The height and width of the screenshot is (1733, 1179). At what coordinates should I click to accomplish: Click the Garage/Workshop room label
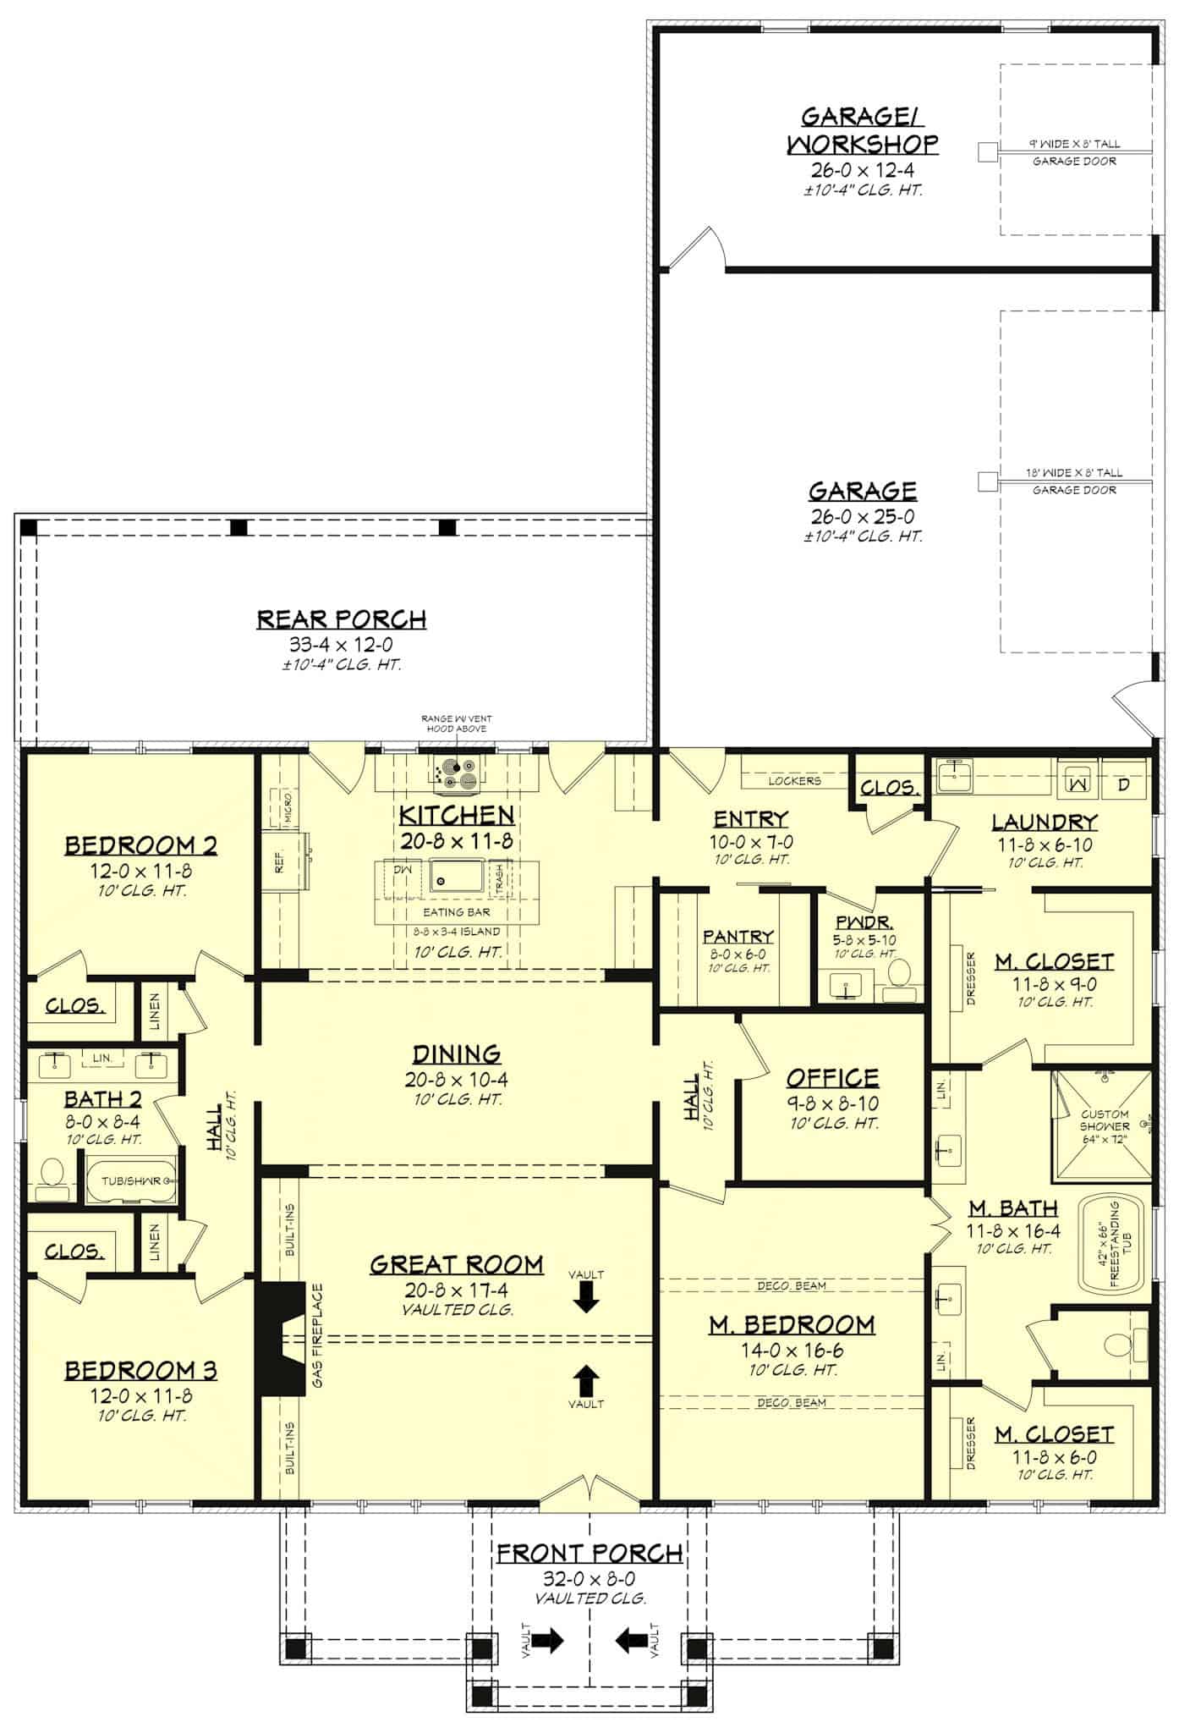pyautogui.click(x=862, y=130)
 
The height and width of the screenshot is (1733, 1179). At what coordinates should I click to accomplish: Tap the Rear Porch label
pyautogui.click(x=342, y=619)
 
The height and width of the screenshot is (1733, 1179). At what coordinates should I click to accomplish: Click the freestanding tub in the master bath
pyautogui.click(x=1110, y=1244)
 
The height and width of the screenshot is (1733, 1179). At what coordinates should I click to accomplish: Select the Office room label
pyautogui.click(x=832, y=1078)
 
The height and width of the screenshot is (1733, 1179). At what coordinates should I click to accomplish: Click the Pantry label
pyautogui.click(x=738, y=937)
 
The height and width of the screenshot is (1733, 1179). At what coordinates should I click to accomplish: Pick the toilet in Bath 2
pyautogui.click(x=53, y=1177)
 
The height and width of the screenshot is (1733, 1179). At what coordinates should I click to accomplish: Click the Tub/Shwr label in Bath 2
pyautogui.click(x=131, y=1180)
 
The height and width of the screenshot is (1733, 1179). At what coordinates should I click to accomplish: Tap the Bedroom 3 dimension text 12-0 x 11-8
pyautogui.click(x=141, y=1397)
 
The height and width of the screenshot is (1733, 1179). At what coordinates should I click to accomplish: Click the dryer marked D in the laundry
pyautogui.click(x=1123, y=784)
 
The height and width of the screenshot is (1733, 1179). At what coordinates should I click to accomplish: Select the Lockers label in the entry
pyautogui.click(x=794, y=780)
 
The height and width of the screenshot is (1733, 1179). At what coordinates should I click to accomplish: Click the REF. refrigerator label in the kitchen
pyautogui.click(x=280, y=861)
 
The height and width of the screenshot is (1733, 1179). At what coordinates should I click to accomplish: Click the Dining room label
pyautogui.click(x=456, y=1054)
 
